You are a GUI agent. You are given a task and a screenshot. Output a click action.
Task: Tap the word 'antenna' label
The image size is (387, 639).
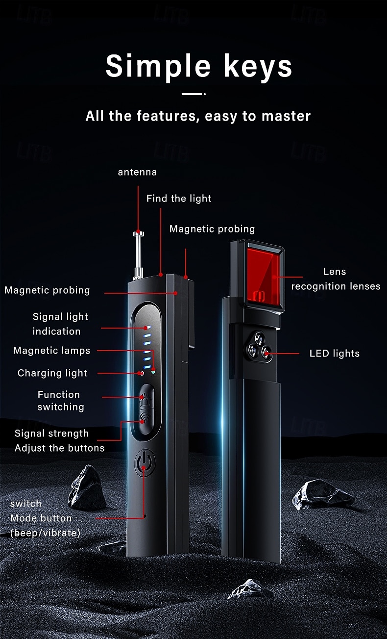[137, 172]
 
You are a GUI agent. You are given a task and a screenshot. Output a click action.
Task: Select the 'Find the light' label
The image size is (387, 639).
[179, 198]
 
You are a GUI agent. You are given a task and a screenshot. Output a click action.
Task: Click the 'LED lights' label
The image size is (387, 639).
[334, 353]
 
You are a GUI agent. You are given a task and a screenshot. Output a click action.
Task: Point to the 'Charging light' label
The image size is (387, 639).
[52, 373]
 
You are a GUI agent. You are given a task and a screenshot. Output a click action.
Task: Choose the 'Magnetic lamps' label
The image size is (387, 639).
[51, 350]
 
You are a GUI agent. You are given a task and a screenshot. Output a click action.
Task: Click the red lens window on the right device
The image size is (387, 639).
[262, 275]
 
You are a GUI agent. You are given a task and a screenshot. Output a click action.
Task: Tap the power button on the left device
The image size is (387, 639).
[145, 463]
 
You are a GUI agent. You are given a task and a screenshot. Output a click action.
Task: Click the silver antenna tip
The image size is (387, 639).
[138, 234]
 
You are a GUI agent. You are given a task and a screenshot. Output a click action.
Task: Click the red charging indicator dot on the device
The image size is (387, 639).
[142, 373]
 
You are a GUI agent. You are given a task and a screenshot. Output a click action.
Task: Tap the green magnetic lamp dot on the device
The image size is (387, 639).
[153, 371]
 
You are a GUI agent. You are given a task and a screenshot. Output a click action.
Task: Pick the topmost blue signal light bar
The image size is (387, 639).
[147, 328]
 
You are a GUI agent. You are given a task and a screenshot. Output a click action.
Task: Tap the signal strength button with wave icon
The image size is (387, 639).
[146, 420]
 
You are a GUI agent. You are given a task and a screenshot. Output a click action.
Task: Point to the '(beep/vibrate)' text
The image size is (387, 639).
[45, 533]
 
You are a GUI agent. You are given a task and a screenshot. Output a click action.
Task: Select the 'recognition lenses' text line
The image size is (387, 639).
[336, 286]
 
